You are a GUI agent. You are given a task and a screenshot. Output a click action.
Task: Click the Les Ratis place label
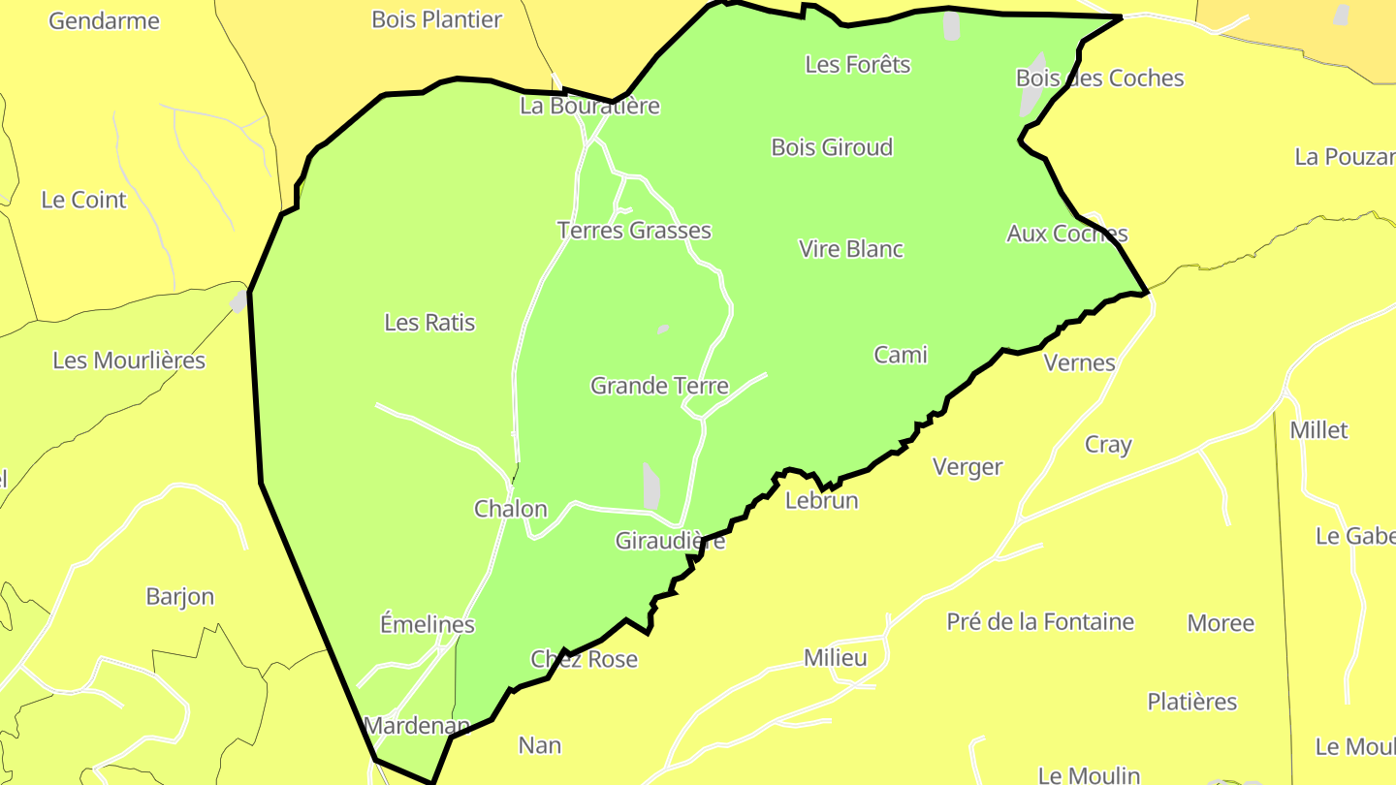pyautogui.click(x=429, y=322)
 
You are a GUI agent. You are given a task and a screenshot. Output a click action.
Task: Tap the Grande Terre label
pyautogui.click(x=659, y=386)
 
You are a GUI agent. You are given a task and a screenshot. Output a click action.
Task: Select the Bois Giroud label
pyautogui.click(x=832, y=147)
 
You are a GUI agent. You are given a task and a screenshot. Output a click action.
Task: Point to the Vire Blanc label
pyautogui.click(x=851, y=249)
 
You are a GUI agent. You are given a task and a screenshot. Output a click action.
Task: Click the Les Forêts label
pyautogui.click(x=858, y=64)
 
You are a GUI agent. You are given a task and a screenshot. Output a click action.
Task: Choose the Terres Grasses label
pyautogui.click(x=634, y=231)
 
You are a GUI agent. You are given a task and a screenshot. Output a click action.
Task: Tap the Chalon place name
pyautogui.click(x=510, y=509)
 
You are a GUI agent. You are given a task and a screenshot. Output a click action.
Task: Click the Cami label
pyautogui.click(x=901, y=355)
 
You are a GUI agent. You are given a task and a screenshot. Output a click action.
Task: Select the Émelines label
pyautogui.click(x=428, y=624)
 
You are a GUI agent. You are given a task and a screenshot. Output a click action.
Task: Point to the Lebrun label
pyautogui.click(x=821, y=501)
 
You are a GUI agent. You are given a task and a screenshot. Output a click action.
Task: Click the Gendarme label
pyautogui.click(x=104, y=20)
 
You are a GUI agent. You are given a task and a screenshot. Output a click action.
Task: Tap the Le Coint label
pyautogui.click(x=83, y=200)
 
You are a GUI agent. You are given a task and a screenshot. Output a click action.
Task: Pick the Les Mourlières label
pyautogui.click(x=129, y=361)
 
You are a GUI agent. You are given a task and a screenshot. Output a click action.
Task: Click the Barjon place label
pyautogui.click(x=179, y=596)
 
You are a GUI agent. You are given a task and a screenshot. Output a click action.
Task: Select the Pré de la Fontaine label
pyautogui.click(x=1040, y=622)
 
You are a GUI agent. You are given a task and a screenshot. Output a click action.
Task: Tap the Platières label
pyautogui.click(x=1192, y=702)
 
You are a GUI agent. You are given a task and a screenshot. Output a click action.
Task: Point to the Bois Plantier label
pyautogui.click(x=436, y=19)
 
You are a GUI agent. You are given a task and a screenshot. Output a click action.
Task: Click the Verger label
pyautogui.click(x=968, y=467)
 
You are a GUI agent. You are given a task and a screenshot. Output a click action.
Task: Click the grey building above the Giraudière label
pyautogui.click(x=651, y=485)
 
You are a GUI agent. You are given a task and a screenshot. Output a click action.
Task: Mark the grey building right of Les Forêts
pyautogui.click(x=951, y=25)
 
